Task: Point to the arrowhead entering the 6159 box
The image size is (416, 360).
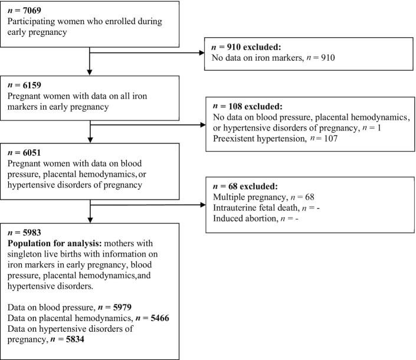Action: click(90, 73)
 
